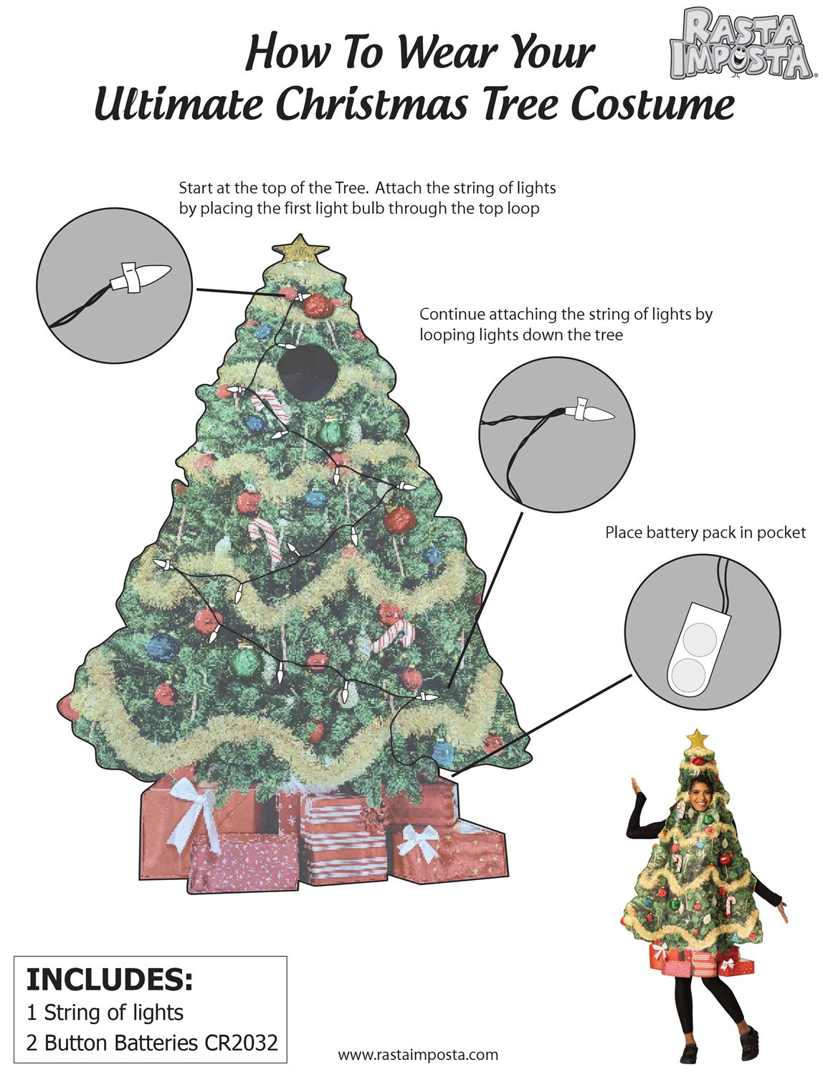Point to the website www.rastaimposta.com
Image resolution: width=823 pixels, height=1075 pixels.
tap(418, 1054)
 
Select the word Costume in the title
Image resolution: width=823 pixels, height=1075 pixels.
tap(652, 105)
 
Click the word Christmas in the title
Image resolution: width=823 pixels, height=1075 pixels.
tap(371, 105)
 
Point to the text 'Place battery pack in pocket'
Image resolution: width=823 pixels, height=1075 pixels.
tap(705, 533)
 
